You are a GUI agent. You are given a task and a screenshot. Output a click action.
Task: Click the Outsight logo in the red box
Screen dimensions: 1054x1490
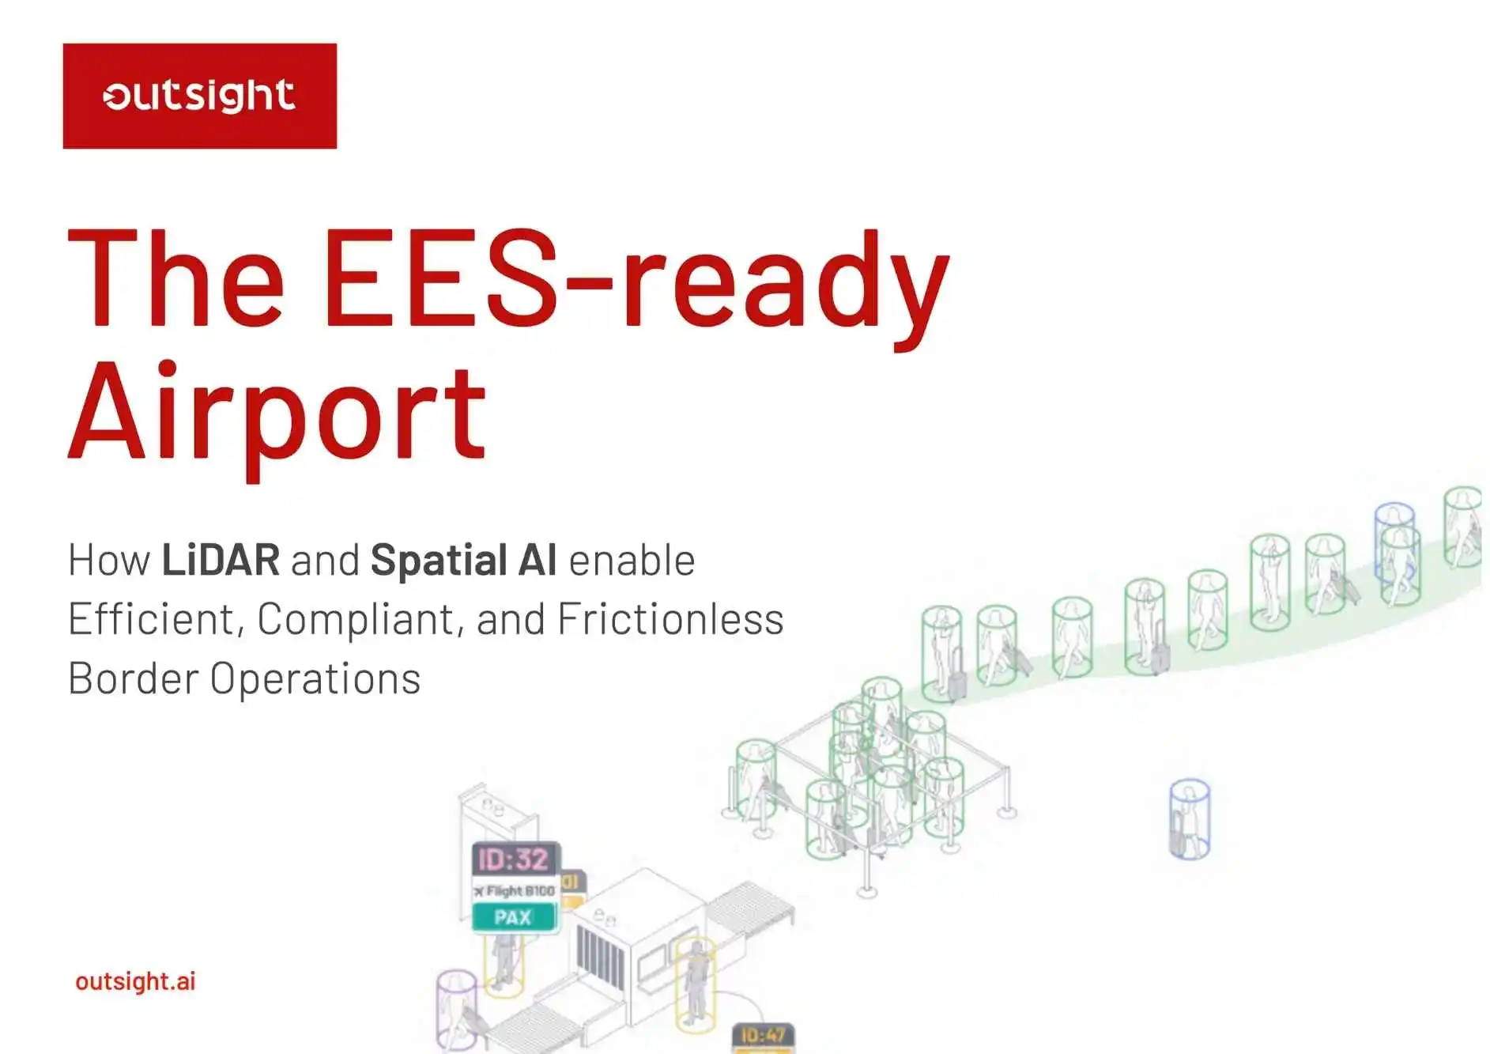pos(199,96)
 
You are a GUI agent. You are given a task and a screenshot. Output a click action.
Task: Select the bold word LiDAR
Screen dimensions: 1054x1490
pos(221,560)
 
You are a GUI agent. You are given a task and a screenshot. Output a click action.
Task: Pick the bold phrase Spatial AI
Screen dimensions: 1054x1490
pos(463,560)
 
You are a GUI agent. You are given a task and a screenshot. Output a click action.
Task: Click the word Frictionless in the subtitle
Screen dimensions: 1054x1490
pos(670,619)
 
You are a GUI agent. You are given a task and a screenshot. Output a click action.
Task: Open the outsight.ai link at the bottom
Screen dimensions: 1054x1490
pos(135,981)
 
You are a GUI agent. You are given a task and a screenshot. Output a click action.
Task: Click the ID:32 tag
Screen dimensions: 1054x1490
pos(514,859)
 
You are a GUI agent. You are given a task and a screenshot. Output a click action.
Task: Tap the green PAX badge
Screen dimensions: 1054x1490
pos(513,917)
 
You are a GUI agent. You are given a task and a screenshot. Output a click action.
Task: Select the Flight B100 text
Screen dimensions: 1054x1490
pos(515,891)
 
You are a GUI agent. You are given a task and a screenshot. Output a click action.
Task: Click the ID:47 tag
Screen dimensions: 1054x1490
pos(763,1036)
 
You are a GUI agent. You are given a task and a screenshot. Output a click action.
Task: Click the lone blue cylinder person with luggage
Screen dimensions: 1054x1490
pos(1189,820)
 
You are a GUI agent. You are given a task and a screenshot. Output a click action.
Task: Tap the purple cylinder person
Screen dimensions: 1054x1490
pos(457,1010)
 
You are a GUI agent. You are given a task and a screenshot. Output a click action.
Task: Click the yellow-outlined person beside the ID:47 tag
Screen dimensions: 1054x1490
pos(696,984)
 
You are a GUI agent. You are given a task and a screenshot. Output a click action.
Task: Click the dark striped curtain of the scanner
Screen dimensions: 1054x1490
pos(600,958)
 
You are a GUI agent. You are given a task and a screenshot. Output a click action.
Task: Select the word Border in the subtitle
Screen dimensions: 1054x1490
pos(133,678)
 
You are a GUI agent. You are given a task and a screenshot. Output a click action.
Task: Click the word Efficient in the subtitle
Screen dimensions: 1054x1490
pos(154,619)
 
